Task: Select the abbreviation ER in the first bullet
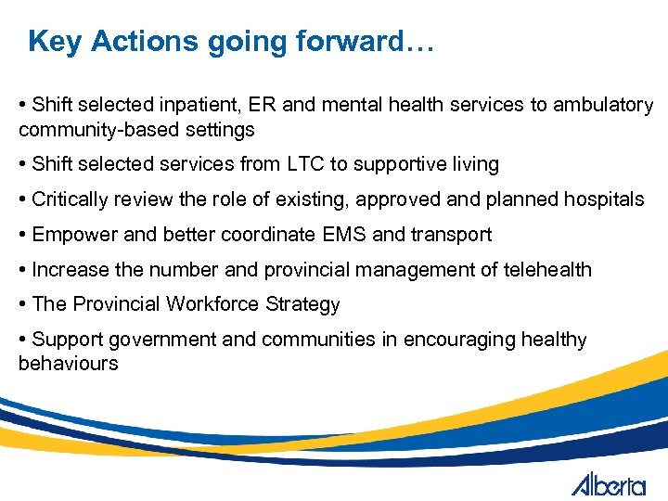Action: [x=263, y=105]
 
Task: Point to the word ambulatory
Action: [x=603, y=105]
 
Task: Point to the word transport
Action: [x=452, y=235]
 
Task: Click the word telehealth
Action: [x=547, y=270]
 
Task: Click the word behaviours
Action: [x=68, y=363]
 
